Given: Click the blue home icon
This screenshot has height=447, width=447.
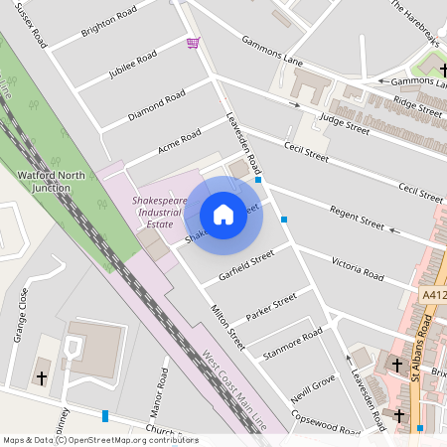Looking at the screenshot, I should [223, 215].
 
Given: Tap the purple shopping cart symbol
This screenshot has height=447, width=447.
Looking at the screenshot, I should [193, 43].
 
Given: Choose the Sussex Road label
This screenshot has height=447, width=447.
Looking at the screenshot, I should [34, 24].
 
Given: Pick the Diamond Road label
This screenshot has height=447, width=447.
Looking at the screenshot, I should [157, 106].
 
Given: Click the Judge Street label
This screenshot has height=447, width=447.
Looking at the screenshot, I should [344, 123].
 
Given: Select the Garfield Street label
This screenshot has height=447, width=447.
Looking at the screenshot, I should [248, 264].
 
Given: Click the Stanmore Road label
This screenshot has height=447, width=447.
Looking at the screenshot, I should [292, 341].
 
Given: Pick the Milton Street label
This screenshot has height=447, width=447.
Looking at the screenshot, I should [227, 327].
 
